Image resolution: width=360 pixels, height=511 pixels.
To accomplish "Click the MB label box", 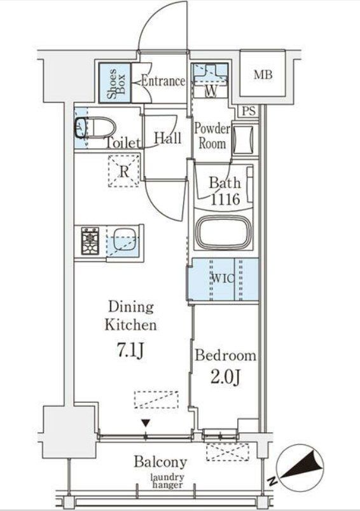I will pos(263,76).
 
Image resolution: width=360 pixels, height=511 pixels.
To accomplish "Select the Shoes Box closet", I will pos(115,83).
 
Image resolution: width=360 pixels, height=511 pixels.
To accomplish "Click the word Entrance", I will pos(163,81).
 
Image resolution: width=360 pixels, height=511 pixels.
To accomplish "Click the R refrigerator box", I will pos(124,172).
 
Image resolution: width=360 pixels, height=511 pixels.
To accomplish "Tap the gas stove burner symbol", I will pos(90,240).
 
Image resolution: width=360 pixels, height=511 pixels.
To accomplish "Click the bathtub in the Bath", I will pos(224,232).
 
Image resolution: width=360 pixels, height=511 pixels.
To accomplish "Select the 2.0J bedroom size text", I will pos(225,378).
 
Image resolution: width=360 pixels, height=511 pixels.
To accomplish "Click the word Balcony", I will pos(160,462).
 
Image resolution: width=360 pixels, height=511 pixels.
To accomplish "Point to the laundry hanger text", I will pos(167,481).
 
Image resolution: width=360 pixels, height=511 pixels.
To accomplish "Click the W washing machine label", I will pos(211,91).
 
